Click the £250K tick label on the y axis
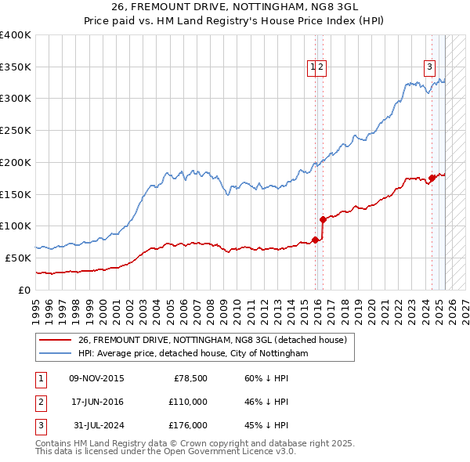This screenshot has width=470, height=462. (x=16, y=131)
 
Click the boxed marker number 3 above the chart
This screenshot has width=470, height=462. (x=430, y=67)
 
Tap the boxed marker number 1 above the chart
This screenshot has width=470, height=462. (x=313, y=67)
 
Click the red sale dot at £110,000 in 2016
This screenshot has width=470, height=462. (x=323, y=220)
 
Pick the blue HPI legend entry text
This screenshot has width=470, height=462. (x=193, y=353)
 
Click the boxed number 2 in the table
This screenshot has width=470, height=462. (x=40, y=402)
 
